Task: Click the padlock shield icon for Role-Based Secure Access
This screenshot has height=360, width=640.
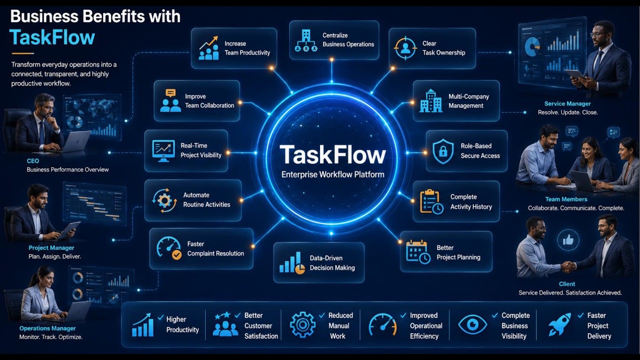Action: pyautogui.click(x=443, y=151)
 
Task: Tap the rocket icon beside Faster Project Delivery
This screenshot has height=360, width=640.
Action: pyautogui.click(x=559, y=324)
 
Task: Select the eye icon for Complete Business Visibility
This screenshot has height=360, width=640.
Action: pyautogui.click(x=472, y=324)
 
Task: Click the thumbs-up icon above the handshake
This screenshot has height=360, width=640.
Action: pyautogui.click(x=568, y=240)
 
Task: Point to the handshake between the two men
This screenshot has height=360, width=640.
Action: pyautogui.click(x=568, y=267)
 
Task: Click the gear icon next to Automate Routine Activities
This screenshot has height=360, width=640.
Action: pyautogui.click(x=164, y=200)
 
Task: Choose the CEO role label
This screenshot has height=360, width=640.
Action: pyautogui.click(x=33, y=161)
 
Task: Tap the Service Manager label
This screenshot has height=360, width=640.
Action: pyautogui.click(x=567, y=103)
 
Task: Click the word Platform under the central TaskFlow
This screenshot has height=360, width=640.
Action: pyautogui.click(x=369, y=174)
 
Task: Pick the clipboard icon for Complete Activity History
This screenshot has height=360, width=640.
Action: pyautogui.click(x=431, y=201)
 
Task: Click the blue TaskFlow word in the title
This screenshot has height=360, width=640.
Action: pyautogui.click(x=52, y=37)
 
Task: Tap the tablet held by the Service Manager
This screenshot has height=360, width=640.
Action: pyautogui.click(x=575, y=74)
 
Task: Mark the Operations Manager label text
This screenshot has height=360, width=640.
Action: pyautogui.click(x=47, y=328)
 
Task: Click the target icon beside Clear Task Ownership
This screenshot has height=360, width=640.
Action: pyautogui.click(x=405, y=48)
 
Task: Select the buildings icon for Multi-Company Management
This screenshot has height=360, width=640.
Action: pyautogui.click(x=431, y=100)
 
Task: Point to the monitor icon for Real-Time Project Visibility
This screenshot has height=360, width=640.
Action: pyautogui.click(x=163, y=151)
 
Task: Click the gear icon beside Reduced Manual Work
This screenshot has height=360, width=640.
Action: pyautogui.click(x=302, y=324)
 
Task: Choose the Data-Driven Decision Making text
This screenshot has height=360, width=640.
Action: pyautogui.click(x=332, y=263)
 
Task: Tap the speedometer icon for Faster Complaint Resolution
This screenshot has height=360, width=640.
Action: pyautogui.click(x=169, y=247)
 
